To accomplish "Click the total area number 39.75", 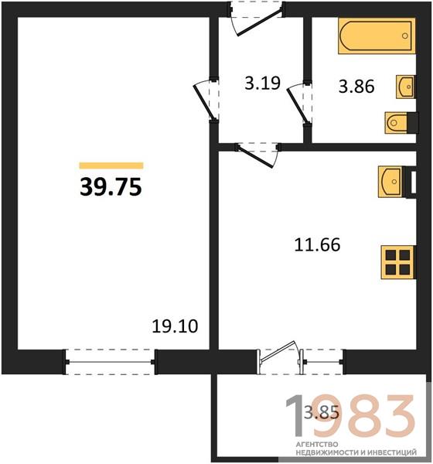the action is click(x=111, y=187).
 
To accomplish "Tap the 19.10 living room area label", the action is click(x=175, y=326).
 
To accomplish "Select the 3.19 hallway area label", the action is click(x=263, y=83).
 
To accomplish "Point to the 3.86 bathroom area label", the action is click(x=356, y=87).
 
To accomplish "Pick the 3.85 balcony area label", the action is click(x=322, y=412).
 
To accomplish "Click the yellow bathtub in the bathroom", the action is click(x=377, y=36).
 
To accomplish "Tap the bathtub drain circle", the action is click(x=405, y=36).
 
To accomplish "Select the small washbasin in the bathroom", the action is click(x=405, y=87).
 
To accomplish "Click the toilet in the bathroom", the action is click(x=401, y=122).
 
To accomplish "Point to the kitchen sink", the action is click(x=390, y=182).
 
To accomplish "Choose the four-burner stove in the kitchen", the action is click(x=398, y=262).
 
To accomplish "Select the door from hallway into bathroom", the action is click(x=300, y=102).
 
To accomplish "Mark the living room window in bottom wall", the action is click(x=110, y=362).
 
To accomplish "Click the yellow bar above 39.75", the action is click(x=111, y=165).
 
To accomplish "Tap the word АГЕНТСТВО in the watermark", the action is click(x=317, y=445).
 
